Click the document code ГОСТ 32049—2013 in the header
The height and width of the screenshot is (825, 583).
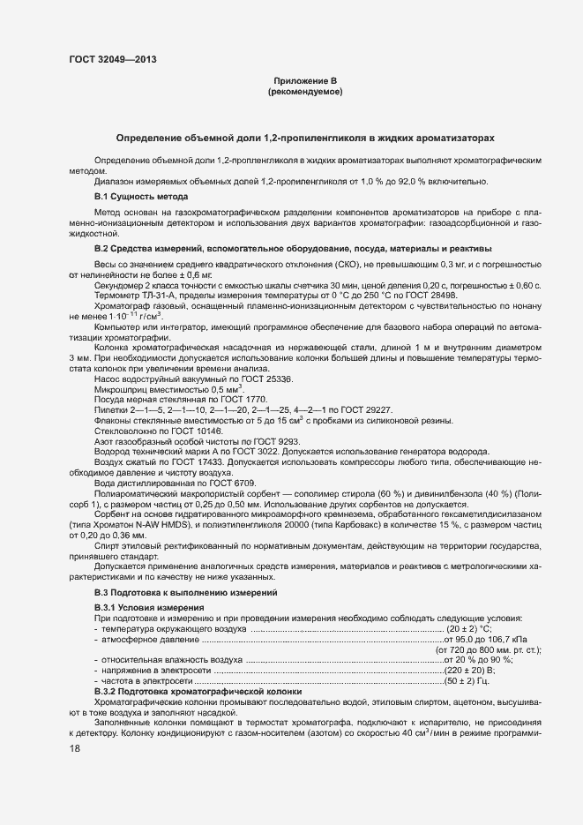click(x=108, y=59)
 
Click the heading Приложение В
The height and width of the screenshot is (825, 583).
click(x=304, y=81)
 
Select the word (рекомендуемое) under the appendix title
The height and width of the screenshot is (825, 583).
click(x=304, y=92)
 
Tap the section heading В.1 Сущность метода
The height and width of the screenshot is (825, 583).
click(x=141, y=196)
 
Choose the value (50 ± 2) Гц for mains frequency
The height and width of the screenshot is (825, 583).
click(x=467, y=682)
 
